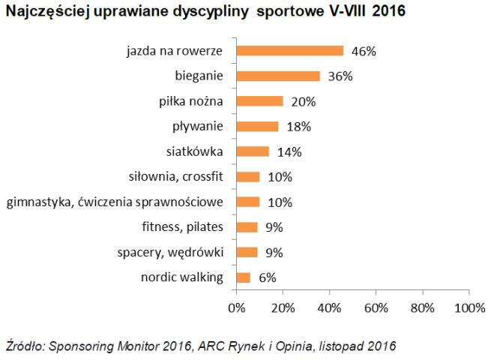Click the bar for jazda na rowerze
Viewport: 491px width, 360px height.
click(289, 51)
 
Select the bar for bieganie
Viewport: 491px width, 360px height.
click(278, 76)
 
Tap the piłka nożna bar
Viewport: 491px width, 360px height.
click(259, 101)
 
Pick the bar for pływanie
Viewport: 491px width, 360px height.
click(257, 127)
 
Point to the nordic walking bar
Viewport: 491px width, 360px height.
click(243, 277)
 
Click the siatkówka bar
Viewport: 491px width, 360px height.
click(253, 151)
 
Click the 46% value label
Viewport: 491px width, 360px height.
click(364, 51)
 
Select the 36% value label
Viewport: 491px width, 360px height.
click(340, 76)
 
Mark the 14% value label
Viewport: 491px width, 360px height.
click(289, 151)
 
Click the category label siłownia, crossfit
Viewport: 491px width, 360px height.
click(177, 177)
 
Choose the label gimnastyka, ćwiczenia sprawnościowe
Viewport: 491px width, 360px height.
click(115, 202)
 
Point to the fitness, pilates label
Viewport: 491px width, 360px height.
click(182, 227)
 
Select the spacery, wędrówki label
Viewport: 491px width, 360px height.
click(171, 252)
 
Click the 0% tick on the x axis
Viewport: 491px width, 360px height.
click(236, 307)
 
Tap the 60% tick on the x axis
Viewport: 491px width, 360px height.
click(376, 307)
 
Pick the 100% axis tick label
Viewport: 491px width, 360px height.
click(469, 307)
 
